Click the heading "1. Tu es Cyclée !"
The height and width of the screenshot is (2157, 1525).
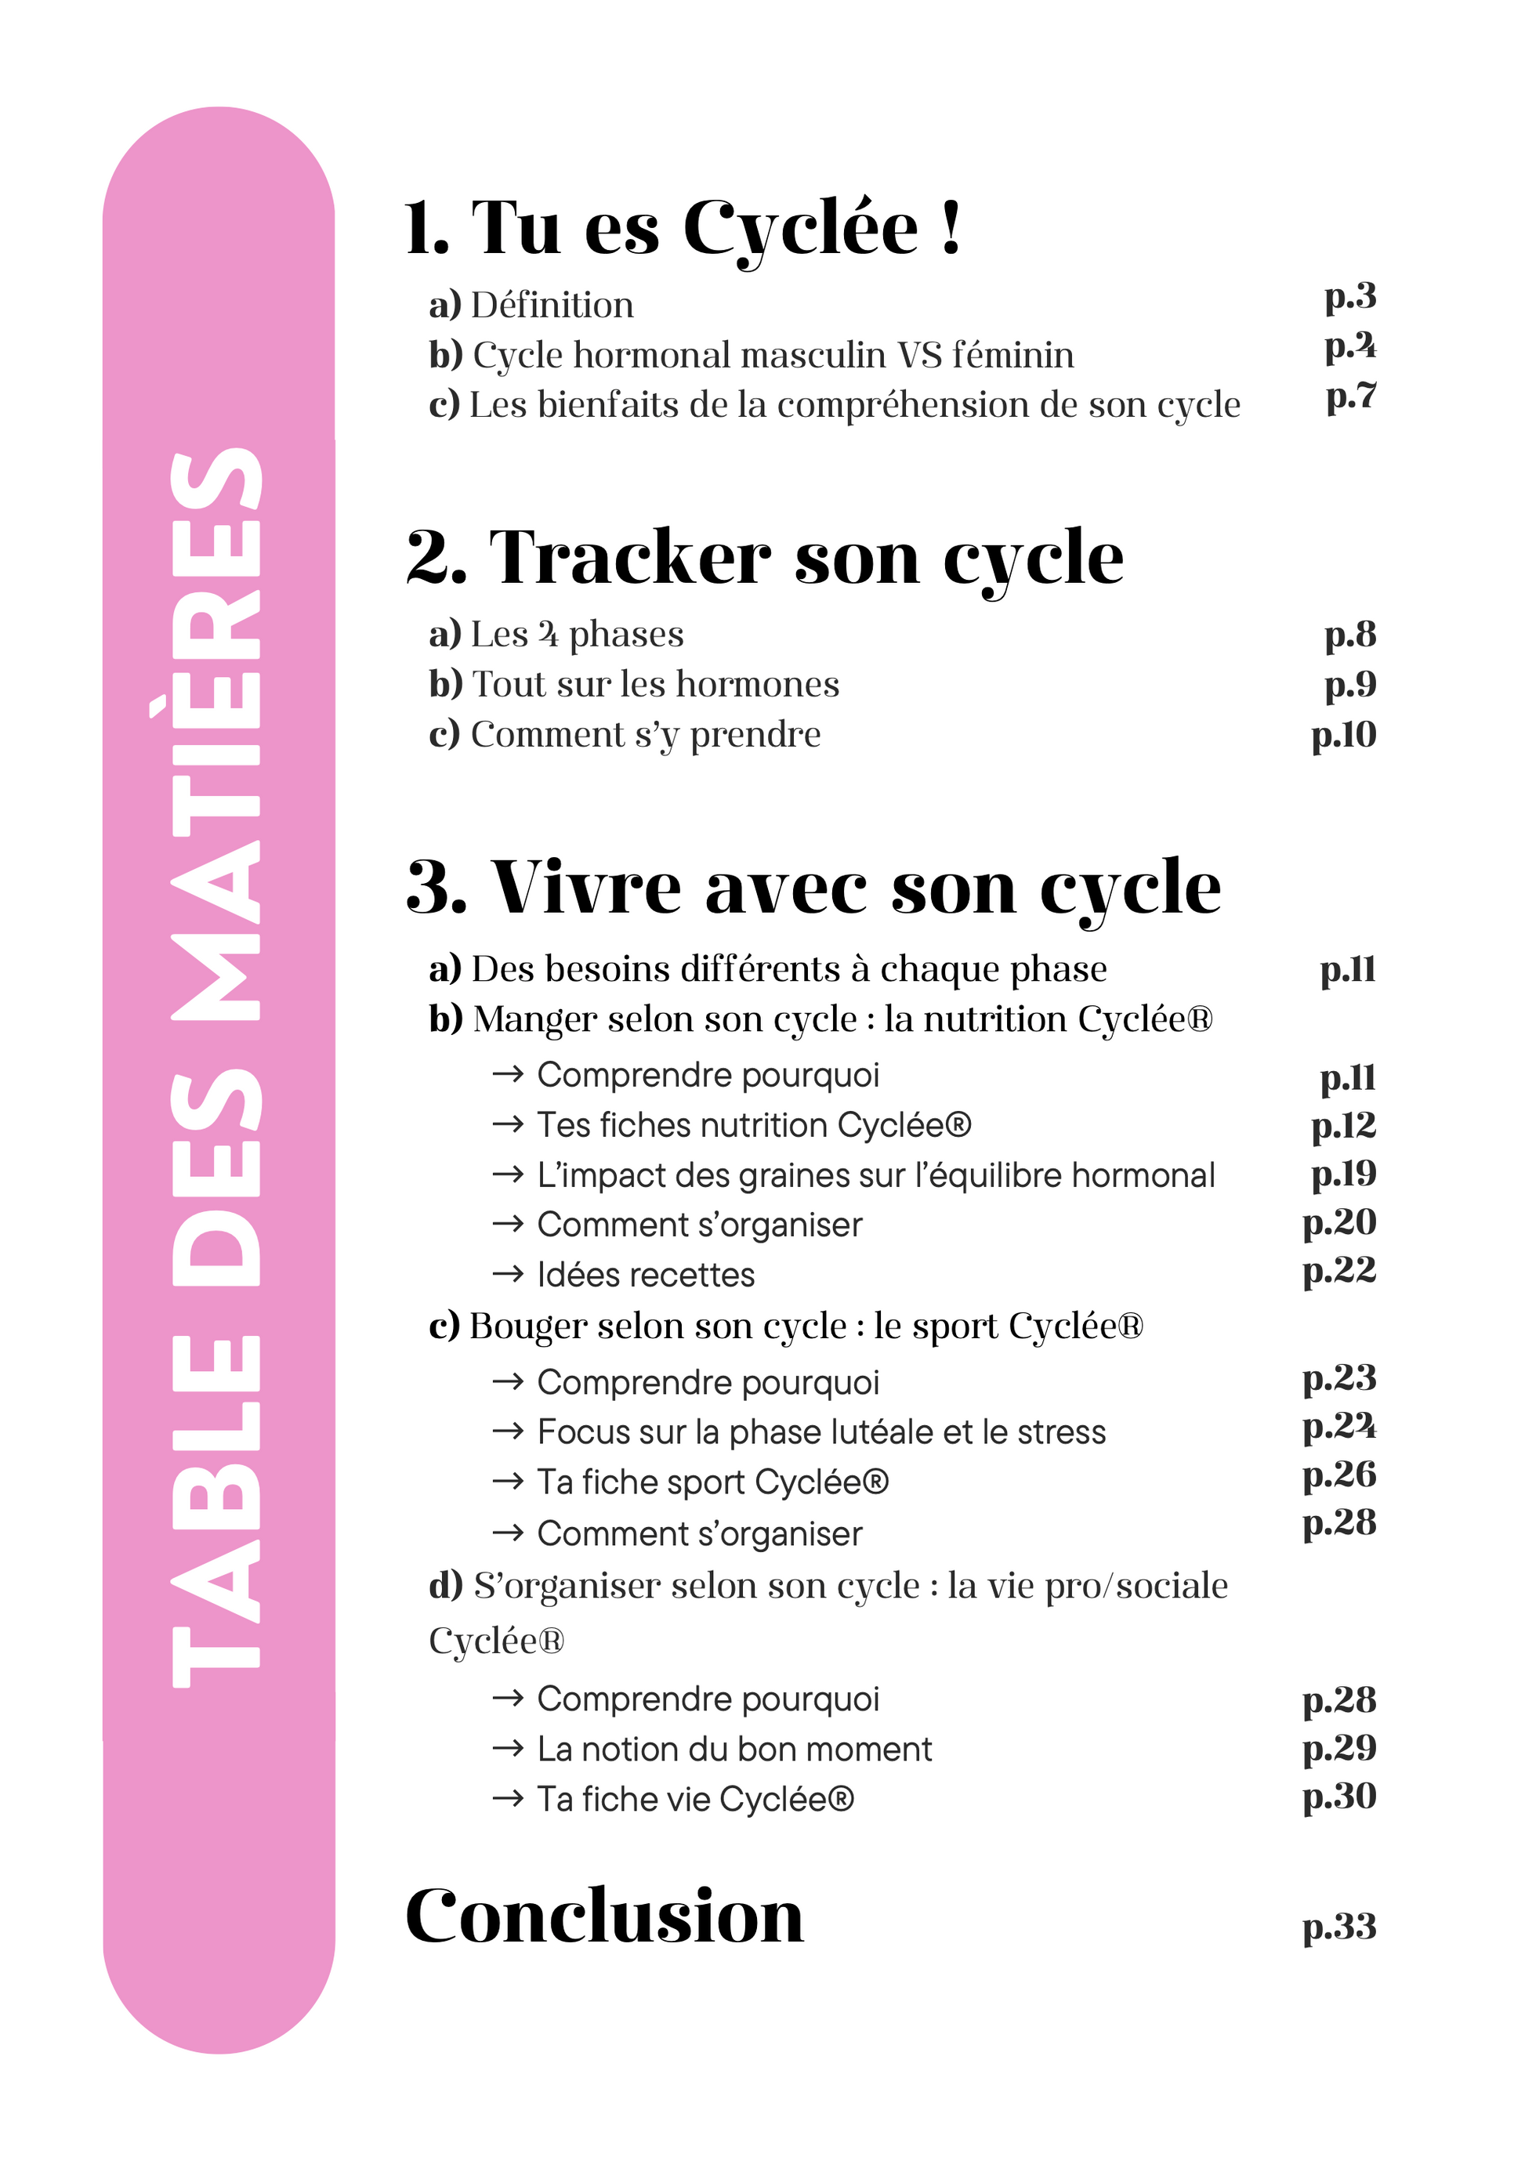coord(683,228)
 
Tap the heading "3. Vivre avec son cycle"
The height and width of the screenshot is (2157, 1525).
coord(813,887)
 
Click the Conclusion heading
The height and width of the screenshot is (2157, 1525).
coord(604,1916)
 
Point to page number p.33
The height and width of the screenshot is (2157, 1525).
coord(1339,1927)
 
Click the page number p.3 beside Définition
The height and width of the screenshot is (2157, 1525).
coord(1350,297)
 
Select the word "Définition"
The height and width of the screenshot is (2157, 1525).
coord(552,306)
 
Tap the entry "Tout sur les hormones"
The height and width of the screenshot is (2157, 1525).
coord(655,684)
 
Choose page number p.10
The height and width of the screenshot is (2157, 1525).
coord(1344,735)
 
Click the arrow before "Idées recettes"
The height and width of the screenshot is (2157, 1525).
coord(507,1274)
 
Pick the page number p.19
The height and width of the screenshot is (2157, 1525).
coord(1344,1174)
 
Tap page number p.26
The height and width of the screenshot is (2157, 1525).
coord(1339,1475)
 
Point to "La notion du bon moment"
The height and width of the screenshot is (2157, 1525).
coord(734,1750)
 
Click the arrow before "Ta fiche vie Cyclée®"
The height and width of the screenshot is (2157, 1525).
coord(507,1799)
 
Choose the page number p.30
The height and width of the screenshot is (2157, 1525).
coord(1339,1797)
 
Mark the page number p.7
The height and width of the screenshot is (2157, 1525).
coord(1351,396)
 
